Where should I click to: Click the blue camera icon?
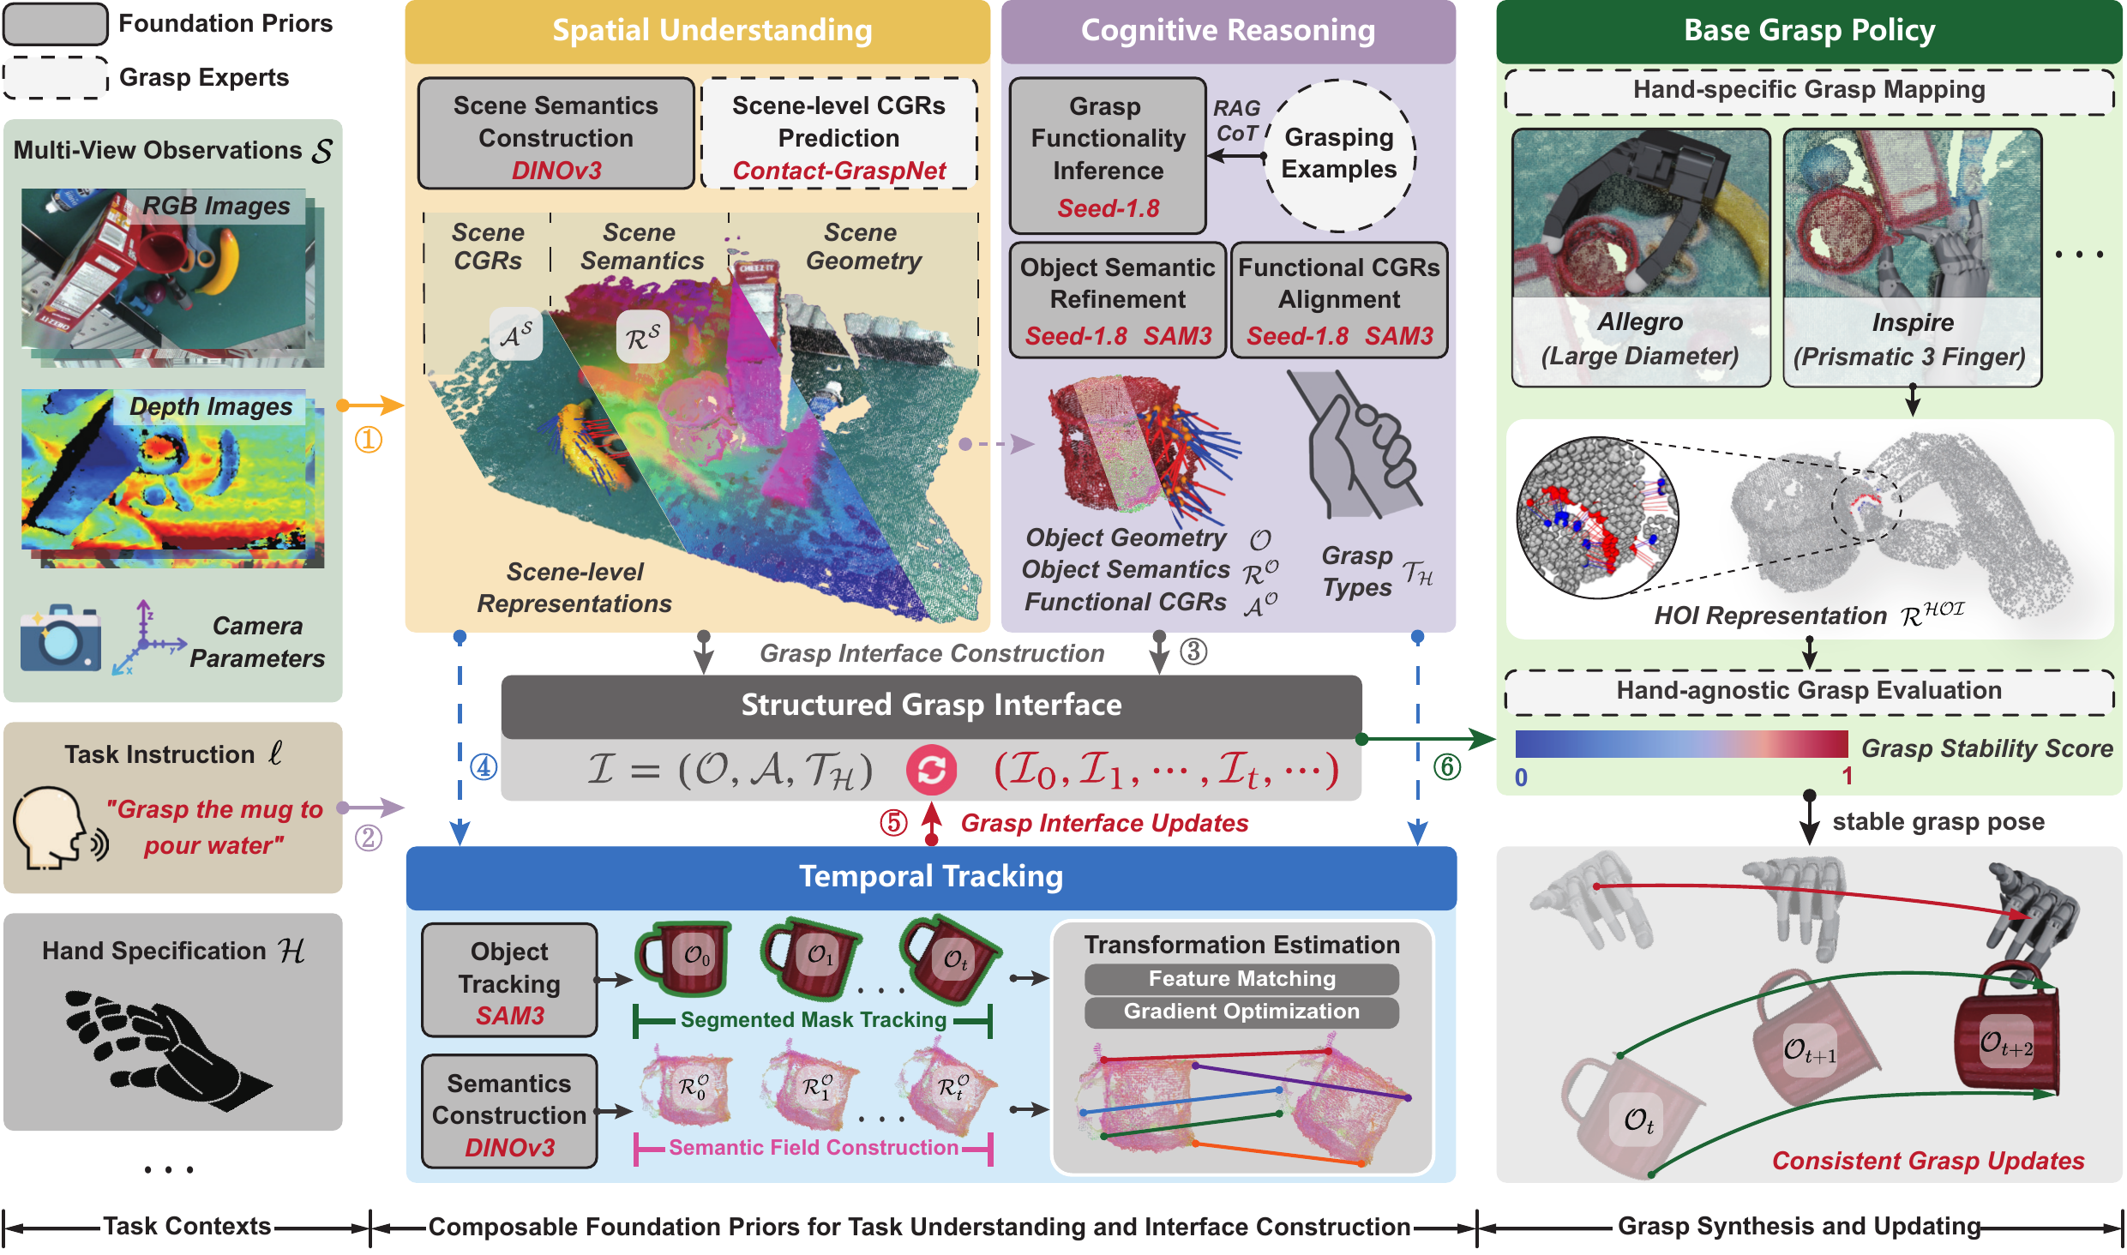point(60,639)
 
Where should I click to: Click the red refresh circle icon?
point(931,769)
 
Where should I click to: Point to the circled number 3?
point(1193,652)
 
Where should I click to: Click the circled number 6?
point(1447,766)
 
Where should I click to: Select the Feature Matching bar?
point(1241,978)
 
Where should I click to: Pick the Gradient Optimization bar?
point(1241,1012)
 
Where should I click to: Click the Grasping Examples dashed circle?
point(1339,155)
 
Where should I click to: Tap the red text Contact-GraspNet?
point(838,171)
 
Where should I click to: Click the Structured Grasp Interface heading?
point(931,705)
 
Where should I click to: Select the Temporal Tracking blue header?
point(931,877)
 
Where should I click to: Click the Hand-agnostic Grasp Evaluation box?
point(1809,691)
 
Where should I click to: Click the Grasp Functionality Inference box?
point(1108,155)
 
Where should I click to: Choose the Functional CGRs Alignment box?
point(1339,300)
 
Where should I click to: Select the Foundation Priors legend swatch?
point(56,24)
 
